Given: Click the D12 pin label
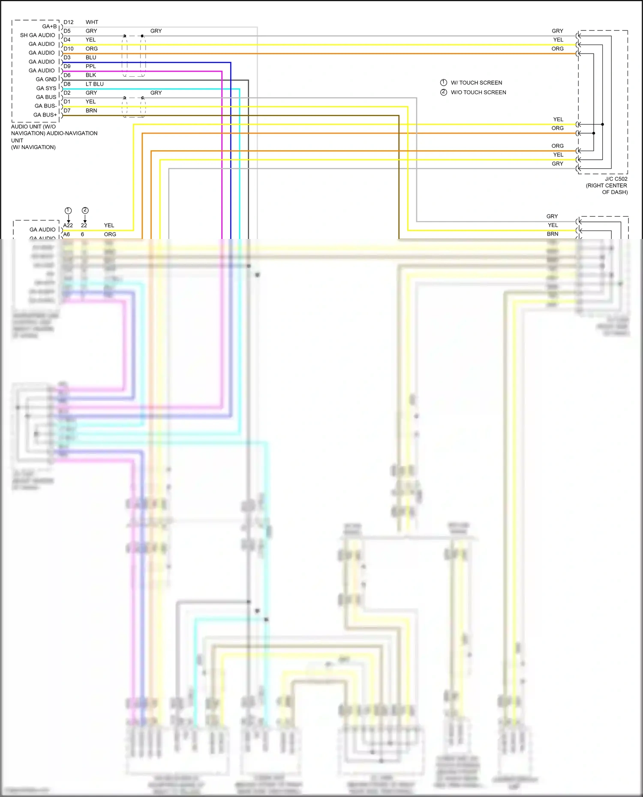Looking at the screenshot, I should click(x=69, y=22).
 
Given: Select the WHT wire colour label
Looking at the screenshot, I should click(x=92, y=22).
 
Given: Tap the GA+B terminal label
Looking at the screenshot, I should click(x=49, y=27).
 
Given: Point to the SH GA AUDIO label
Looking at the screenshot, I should click(x=38, y=35).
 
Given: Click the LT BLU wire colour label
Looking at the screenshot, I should click(x=94, y=84).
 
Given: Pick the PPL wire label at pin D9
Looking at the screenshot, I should click(x=91, y=66).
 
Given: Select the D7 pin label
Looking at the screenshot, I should click(x=67, y=110).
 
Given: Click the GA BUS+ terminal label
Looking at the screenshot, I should click(x=45, y=115).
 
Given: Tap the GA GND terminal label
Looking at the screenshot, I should click(x=46, y=79).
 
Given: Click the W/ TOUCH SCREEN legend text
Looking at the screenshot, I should click(x=476, y=83).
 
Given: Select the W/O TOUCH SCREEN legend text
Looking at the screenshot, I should click(x=478, y=93).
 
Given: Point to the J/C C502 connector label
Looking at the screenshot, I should click(x=616, y=179).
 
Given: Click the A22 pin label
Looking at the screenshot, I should click(x=68, y=225).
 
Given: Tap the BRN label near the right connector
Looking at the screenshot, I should click(x=552, y=234).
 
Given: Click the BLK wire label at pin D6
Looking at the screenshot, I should click(x=91, y=75).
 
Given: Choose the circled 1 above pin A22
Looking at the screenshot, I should click(x=68, y=210).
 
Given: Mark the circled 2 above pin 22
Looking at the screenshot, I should click(x=85, y=210).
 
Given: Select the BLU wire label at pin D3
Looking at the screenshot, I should click(x=91, y=57).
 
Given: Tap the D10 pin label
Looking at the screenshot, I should click(x=69, y=49).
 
